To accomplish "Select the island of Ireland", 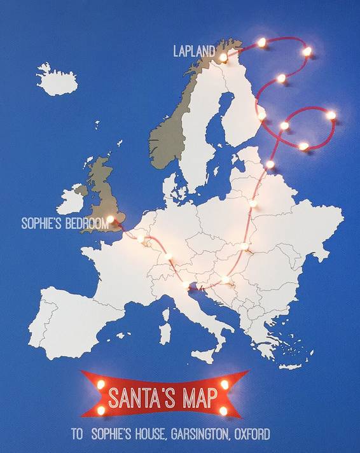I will point(71,199).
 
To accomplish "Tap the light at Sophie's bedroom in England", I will point(110,220).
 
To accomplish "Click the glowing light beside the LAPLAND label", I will point(223,57).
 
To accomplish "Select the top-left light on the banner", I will point(100,384).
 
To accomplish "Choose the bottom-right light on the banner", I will point(223,410).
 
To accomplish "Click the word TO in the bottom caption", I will point(77,435).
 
